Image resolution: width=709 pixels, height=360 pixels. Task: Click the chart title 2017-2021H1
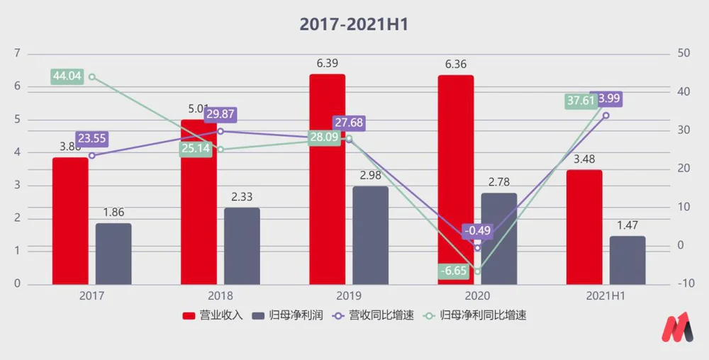(354, 23)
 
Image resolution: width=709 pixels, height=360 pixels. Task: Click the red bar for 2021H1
(584, 227)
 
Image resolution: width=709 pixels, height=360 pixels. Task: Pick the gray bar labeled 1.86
(113, 254)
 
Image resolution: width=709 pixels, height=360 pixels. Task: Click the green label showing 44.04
(67, 77)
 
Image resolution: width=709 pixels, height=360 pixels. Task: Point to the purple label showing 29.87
(220, 114)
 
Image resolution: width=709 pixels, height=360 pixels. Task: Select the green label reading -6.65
(454, 271)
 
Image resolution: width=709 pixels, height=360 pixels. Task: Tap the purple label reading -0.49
(477, 231)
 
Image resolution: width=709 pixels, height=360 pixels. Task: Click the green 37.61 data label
(581, 101)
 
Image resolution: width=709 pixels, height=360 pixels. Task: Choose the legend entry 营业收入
(213, 315)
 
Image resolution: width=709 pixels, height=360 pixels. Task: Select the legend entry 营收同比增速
(368, 315)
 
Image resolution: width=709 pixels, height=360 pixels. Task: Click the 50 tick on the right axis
(684, 54)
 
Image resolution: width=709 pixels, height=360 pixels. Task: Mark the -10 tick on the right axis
(686, 284)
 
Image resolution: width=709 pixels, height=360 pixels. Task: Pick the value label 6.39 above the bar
(327, 64)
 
